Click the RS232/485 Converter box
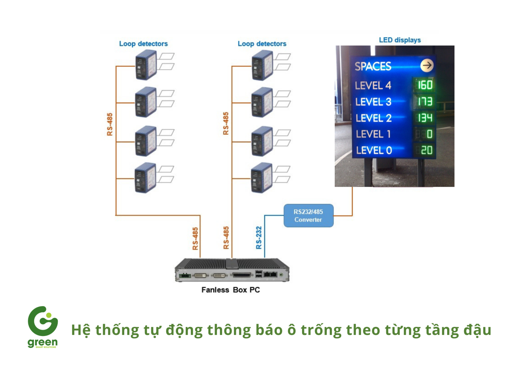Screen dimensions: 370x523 [308, 216]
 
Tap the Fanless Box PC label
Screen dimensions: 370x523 [230, 290]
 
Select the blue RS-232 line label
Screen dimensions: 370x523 [259, 238]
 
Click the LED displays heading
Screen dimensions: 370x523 [399, 40]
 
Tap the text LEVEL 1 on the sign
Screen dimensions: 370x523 [373, 134]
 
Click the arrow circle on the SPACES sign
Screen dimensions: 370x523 [427, 65]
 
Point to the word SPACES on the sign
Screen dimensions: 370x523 [373, 66]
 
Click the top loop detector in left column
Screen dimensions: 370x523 [146, 65]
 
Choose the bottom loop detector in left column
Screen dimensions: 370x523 [145, 178]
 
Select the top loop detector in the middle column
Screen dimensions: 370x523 [262, 65]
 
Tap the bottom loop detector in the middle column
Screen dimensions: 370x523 [261, 178]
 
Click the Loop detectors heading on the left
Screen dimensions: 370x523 [143, 44]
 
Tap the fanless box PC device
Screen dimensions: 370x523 [232, 270]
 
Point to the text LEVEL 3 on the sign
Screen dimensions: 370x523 [373, 102]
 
